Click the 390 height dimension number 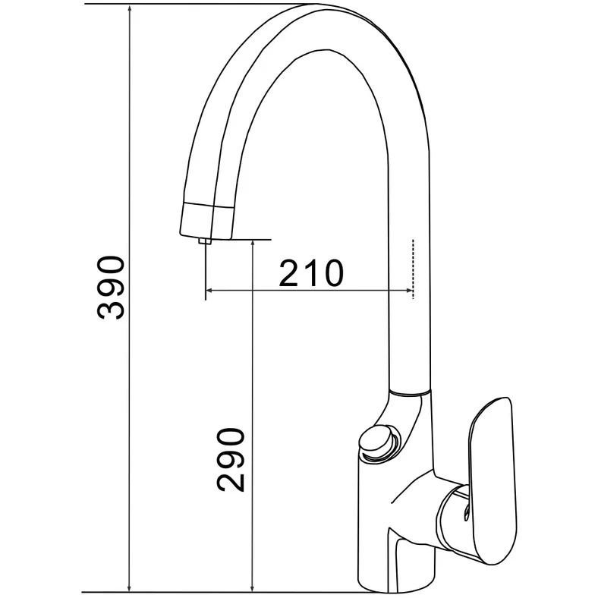(111, 288)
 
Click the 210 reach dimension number (311, 273)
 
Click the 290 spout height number (231, 460)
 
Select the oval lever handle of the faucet (493, 480)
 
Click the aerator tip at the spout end (206, 221)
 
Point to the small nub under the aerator (205, 241)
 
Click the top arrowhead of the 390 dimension (130, 9)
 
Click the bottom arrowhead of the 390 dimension (130, 587)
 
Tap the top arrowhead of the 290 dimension (253, 246)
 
